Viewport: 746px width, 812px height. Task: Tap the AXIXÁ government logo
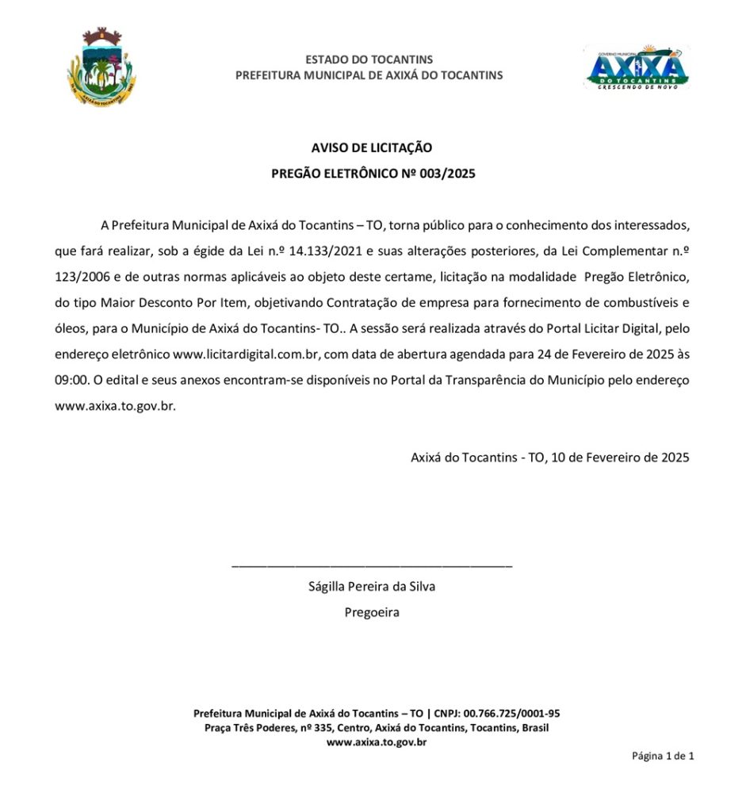(x=637, y=67)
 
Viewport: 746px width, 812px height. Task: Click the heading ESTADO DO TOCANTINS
(x=369, y=59)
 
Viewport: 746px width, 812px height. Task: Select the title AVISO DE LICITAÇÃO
(x=372, y=147)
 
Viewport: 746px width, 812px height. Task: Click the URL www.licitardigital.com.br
(x=240, y=354)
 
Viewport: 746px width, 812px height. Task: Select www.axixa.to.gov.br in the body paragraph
(x=114, y=405)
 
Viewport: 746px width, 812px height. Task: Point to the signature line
(x=372, y=565)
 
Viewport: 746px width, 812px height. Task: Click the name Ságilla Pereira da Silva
(x=372, y=587)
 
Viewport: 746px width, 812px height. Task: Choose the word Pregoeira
(x=372, y=612)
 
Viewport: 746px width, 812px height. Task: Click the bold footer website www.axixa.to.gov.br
(x=377, y=742)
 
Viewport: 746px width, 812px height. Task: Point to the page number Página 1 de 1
(x=663, y=756)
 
